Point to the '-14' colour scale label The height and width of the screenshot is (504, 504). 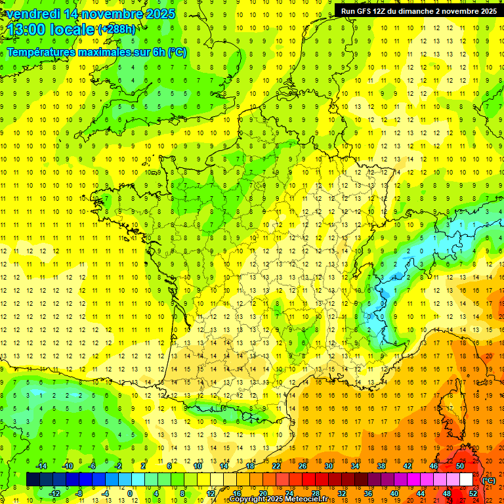(x=41, y=466)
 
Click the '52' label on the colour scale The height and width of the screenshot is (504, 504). (x=473, y=493)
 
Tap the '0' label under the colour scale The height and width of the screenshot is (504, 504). (x=130, y=493)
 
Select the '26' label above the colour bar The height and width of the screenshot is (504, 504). (x=303, y=466)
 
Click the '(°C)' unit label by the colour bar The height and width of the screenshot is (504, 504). (x=488, y=480)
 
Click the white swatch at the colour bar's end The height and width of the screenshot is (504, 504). (x=467, y=480)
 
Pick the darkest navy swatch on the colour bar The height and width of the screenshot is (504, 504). (x=33, y=480)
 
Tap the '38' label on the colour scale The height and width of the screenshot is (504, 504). (x=381, y=466)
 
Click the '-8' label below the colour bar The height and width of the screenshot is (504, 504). (x=79, y=493)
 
